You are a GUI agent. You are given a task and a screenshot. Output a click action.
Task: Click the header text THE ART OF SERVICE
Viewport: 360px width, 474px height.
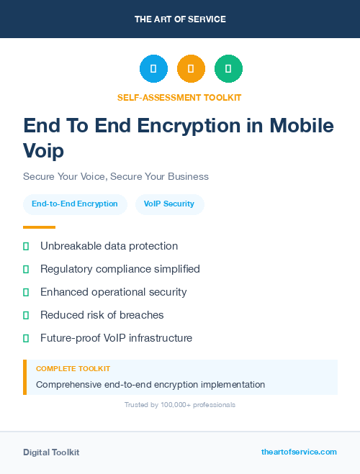[x=180, y=19]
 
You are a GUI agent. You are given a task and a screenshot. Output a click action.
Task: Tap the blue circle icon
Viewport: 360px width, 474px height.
[x=153, y=69]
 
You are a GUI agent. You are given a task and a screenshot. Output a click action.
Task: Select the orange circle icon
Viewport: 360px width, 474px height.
[x=191, y=69]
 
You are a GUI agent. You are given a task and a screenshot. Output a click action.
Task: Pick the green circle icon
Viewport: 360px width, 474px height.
[x=228, y=69]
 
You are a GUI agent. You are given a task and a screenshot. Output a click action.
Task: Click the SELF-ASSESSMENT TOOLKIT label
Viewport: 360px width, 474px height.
[x=180, y=97]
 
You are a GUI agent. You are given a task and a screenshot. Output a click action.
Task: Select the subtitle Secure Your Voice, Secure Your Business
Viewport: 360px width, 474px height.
[x=116, y=176]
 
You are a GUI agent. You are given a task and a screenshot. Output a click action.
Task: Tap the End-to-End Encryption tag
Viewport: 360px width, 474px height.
[x=75, y=204]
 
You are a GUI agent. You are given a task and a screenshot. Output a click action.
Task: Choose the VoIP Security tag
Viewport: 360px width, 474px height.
[x=169, y=204]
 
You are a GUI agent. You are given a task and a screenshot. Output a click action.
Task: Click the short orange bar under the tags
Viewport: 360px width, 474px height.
[x=39, y=227]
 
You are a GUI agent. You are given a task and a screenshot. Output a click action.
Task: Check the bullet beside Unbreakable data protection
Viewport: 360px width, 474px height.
[x=26, y=247]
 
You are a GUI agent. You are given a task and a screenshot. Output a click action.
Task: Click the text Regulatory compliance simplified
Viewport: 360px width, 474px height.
[x=120, y=269]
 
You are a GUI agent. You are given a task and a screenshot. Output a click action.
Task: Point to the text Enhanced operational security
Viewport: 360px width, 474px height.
[x=114, y=292]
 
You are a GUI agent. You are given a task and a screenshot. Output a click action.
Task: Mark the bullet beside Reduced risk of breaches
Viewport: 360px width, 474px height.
[x=26, y=315]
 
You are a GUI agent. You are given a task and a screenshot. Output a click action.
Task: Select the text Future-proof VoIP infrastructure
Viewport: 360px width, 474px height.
[x=116, y=338]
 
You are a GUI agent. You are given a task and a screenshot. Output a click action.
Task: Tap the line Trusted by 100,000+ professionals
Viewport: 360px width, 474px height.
[x=180, y=405]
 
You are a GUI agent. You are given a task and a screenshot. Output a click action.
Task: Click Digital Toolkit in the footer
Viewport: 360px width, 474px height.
[x=51, y=452]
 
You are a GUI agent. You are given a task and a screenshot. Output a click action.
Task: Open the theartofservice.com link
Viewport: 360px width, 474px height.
[x=299, y=452]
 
